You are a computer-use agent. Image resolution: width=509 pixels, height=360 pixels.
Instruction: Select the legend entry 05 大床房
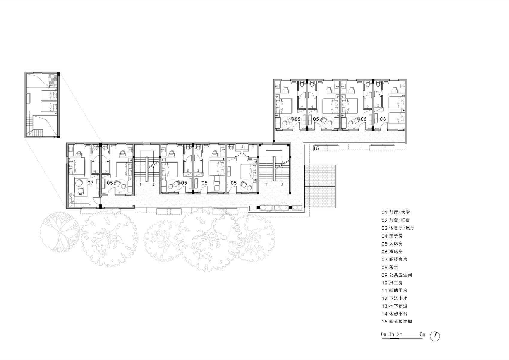pos(392,244)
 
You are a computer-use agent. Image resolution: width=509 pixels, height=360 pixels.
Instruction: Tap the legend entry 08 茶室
pos(390,267)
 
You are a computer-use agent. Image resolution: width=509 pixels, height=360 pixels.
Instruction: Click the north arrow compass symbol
pos(435,336)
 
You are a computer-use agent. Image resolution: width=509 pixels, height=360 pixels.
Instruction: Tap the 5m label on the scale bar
pos(422,334)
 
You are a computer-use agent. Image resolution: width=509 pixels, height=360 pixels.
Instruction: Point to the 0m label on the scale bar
pos(384,334)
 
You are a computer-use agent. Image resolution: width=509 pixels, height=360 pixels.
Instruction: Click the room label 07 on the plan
pos(90,183)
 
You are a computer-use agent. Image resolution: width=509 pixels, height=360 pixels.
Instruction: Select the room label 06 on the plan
pos(383,119)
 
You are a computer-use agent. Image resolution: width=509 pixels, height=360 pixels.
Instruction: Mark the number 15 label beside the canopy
pos(316,148)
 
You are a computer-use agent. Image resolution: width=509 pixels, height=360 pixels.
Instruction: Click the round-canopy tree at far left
pos(60,232)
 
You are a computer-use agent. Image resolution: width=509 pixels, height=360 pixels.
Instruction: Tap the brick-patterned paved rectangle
pos(320,186)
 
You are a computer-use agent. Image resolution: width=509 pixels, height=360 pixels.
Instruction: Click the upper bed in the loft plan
pos(48,96)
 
